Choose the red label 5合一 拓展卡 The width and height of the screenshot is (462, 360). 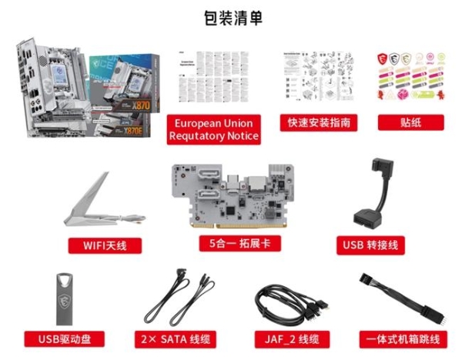coord(230,244)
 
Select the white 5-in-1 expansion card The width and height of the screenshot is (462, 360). coord(230,196)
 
